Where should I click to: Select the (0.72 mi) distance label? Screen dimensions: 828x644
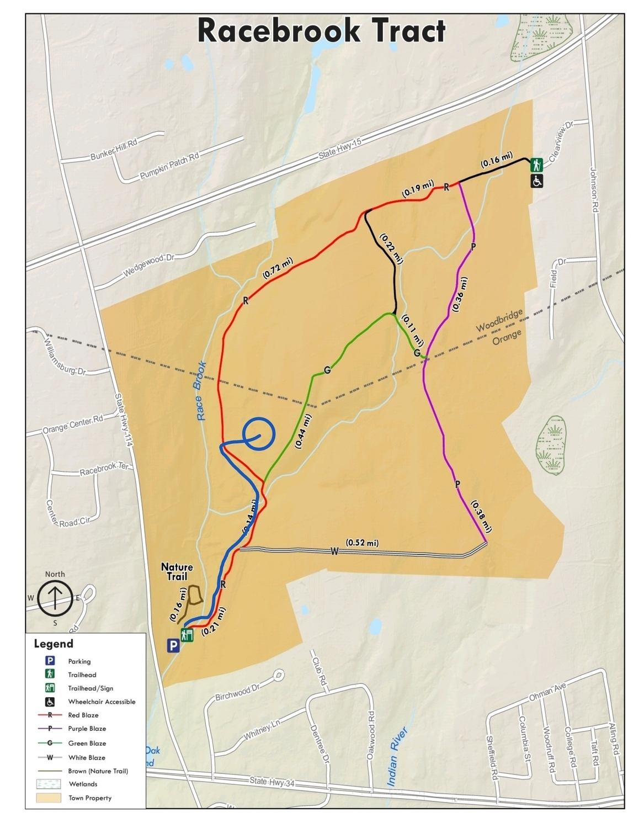278,269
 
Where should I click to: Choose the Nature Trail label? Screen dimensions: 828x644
177,572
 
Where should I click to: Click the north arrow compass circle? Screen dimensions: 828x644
55,598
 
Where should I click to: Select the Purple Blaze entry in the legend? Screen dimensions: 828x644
87,729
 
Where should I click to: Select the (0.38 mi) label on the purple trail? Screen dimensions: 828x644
480,517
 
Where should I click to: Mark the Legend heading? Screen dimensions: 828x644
54,644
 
